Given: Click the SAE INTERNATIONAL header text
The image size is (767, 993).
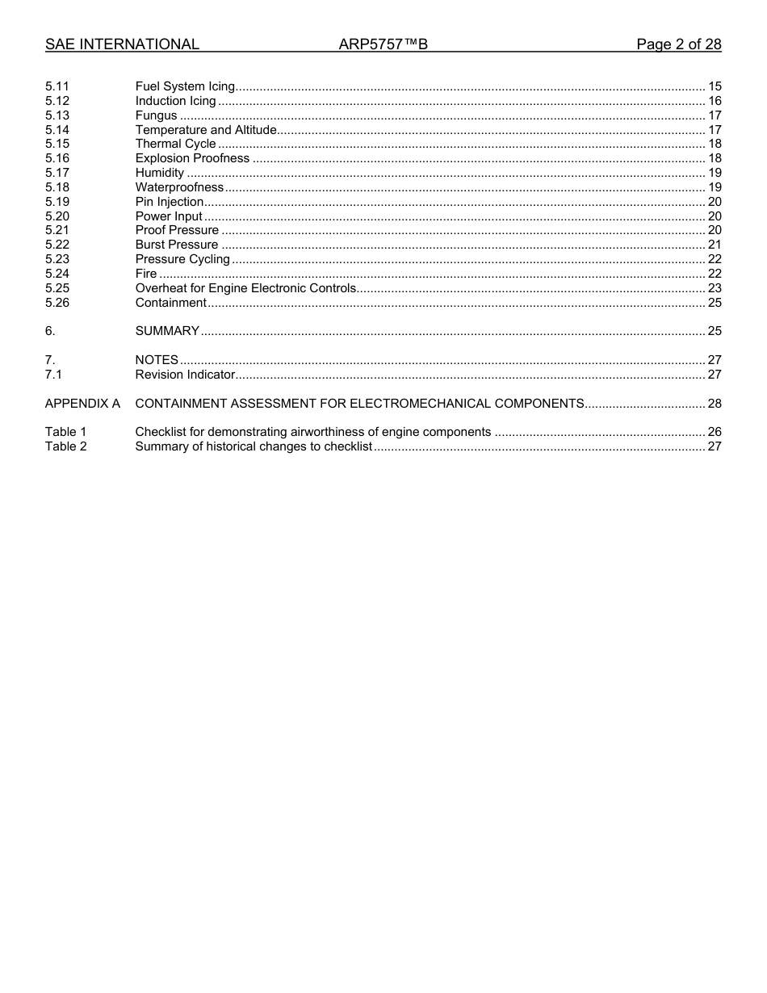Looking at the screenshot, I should pos(122,44).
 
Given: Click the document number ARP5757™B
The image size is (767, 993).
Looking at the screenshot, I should pos(383,44).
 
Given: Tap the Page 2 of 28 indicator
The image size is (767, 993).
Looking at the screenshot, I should pos(678,44).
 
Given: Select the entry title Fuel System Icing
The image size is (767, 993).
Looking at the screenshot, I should pos(185,86).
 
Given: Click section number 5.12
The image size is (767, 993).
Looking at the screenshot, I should pos(57,101).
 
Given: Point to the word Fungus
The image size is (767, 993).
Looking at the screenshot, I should pos(156,115).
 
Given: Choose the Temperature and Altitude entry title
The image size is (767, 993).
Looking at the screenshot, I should pos(206,130).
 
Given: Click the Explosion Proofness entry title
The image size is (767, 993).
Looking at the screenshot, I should pos(192,158).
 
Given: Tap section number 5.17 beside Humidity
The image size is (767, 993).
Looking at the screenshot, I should pos(57,173).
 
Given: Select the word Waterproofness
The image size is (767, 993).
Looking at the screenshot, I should pos(179,187).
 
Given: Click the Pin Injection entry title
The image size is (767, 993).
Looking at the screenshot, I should pos(169,202).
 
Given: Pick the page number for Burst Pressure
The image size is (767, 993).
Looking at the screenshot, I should pos(714,245).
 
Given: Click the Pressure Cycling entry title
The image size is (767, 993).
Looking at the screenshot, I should pos(182,259).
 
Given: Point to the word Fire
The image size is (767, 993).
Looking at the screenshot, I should pos(146,274).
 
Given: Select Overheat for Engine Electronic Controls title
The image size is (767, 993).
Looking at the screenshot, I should pos(245,288).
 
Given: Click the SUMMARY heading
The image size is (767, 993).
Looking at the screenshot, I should pos(167,331).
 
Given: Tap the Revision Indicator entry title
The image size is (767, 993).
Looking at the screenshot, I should pos(185,375).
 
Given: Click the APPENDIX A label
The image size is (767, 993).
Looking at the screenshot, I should pos(82,403).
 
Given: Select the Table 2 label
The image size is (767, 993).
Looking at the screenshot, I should pos(65,446).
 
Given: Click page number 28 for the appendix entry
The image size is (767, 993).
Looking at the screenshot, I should pos(714,403).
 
